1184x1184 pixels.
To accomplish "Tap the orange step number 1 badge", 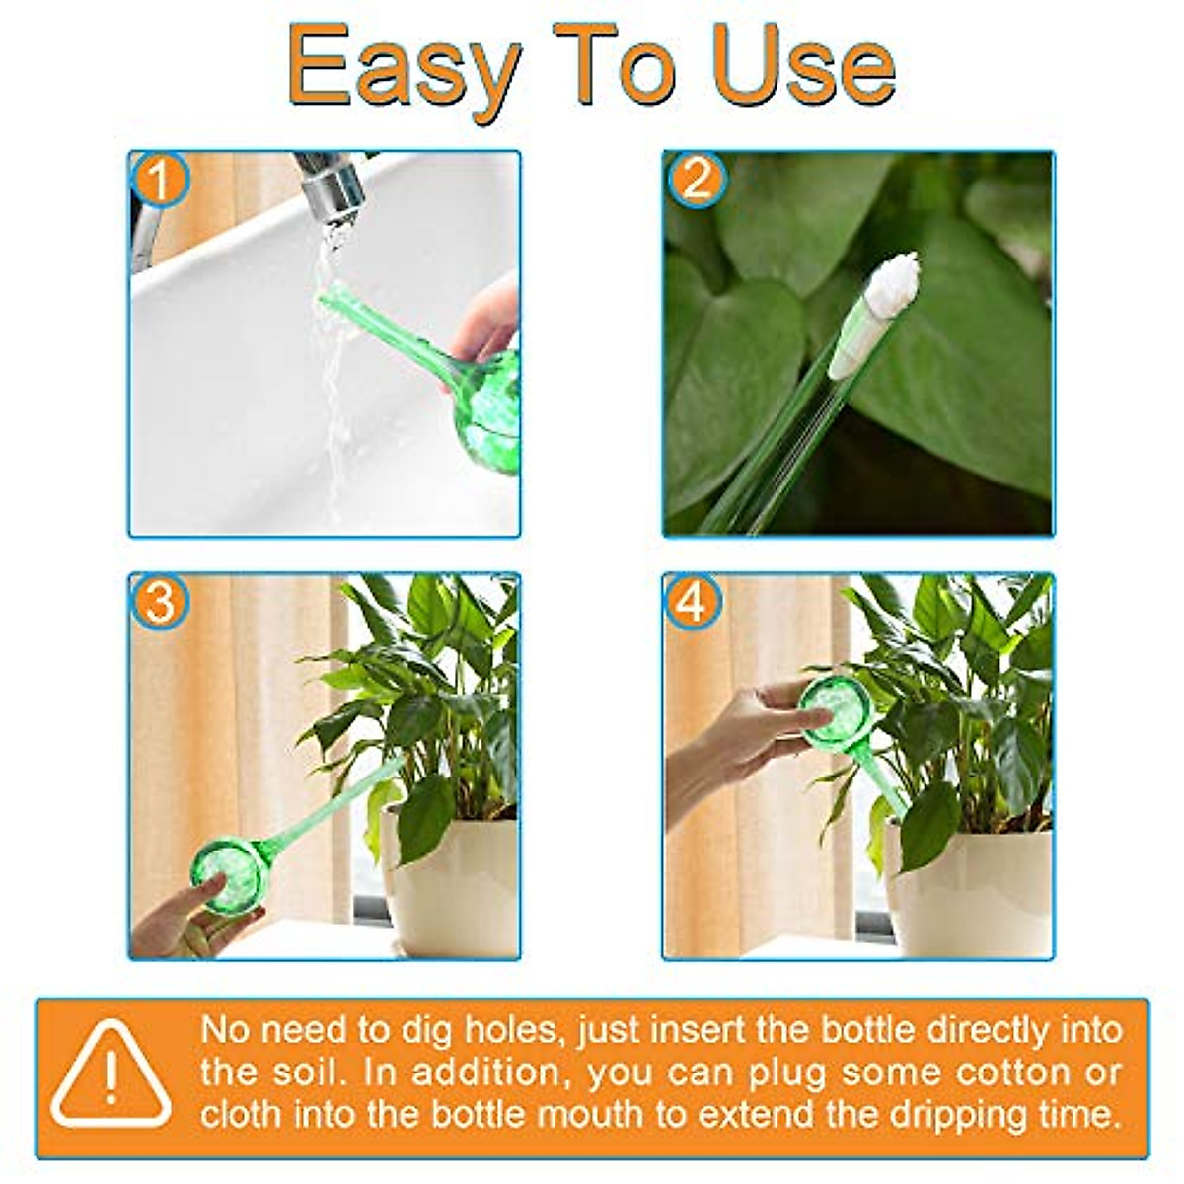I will click(160, 182).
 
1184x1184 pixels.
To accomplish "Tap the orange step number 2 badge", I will click(697, 181).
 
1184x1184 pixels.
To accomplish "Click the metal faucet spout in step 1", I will click(331, 183).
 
